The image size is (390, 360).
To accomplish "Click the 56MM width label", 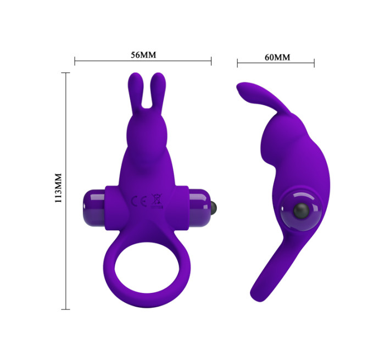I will tap(143, 55).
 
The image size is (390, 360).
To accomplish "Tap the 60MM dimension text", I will tap(277, 57).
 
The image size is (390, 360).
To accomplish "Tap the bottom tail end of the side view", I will tap(258, 294).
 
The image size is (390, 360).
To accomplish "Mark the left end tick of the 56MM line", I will tap(75, 60).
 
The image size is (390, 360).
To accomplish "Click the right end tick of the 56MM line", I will tap(211, 60).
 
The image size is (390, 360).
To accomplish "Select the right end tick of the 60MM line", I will tap(314, 63).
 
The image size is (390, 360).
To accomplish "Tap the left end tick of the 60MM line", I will tap(237, 63).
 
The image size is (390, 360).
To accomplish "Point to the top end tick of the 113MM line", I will tap(66, 73).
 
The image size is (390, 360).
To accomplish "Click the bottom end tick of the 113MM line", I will tap(66, 309).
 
